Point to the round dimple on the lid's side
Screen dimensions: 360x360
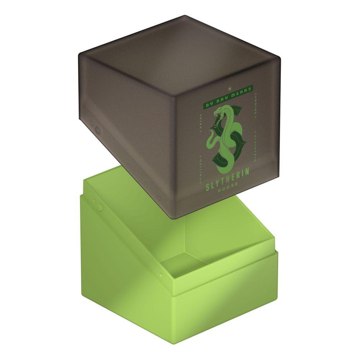pyautogui.click(x=96, y=129)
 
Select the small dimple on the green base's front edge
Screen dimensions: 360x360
pyautogui.click(x=161, y=275)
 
